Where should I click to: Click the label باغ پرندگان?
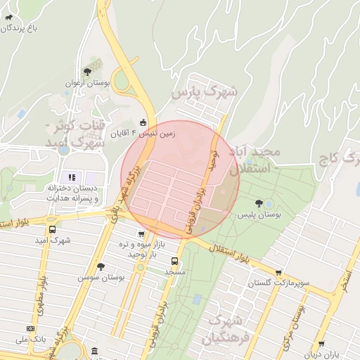19,28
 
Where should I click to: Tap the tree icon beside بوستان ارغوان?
86,72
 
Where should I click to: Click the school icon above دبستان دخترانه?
71,176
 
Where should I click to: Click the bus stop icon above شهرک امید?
53,229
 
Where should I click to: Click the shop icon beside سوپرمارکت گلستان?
279,273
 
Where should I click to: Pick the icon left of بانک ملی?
30,328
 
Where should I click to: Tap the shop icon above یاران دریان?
321,344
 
